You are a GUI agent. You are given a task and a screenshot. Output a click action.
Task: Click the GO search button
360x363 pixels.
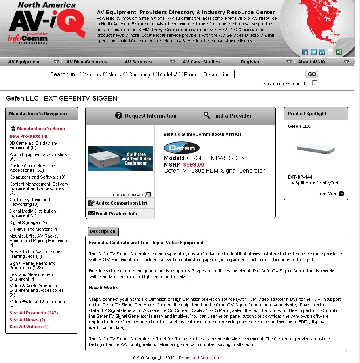(312, 74)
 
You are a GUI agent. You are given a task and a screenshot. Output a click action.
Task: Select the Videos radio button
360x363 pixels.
(82, 74)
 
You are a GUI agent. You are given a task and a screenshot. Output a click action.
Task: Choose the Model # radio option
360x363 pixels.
(155, 74)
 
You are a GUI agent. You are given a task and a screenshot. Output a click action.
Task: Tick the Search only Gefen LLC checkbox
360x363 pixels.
(315, 83)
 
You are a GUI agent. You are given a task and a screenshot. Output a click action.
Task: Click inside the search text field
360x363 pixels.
(269, 74)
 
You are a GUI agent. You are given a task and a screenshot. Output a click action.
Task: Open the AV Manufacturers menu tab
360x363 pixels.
(86, 62)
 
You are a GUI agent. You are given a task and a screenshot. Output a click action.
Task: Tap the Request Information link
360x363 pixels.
(150, 116)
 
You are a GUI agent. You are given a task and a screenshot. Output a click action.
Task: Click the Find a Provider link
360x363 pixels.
(232, 116)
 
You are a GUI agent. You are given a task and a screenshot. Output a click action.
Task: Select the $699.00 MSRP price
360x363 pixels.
(194, 165)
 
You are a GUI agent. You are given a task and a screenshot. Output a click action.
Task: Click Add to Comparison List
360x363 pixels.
(121, 203)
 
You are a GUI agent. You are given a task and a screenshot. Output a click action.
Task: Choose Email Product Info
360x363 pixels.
(116, 214)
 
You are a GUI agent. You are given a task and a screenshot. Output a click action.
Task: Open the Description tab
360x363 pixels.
(103, 231)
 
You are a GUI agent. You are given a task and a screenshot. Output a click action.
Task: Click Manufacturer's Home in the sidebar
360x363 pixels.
(41, 129)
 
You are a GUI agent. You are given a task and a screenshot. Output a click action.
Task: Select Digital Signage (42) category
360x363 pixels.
(28, 222)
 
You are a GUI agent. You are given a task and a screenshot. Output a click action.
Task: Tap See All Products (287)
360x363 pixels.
(34, 313)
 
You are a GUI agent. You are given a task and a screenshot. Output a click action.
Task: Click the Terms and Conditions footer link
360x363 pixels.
(200, 357)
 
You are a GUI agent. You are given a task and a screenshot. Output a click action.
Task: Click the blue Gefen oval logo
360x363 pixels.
(181, 148)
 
